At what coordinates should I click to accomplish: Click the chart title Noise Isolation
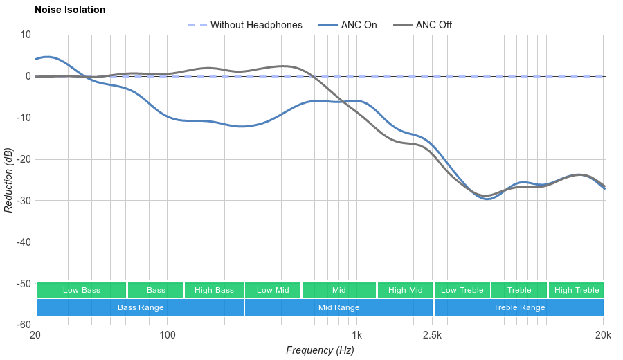[x=70, y=10]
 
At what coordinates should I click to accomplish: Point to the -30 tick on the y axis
[x=23, y=201]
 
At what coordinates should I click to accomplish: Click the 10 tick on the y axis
[x=26, y=35]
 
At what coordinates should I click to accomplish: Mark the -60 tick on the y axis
[x=23, y=325]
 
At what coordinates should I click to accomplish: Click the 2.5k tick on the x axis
[x=432, y=336]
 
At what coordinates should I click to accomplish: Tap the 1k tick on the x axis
[x=357, y=336]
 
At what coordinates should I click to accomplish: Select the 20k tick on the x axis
[x=603, y=336]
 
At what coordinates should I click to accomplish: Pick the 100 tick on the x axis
[x=168, y=336]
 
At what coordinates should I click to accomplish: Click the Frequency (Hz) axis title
[x=320, y=350]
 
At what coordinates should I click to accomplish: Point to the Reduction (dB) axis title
[x=8, y=180]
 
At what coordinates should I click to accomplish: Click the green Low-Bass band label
[x=82, y=290]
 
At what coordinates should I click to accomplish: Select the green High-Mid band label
[x=405, y=290]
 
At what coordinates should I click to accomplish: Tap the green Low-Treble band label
[x=462, y=290]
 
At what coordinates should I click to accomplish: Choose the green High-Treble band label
[x=577, y=290]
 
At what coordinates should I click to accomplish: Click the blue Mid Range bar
[x=338, y=307]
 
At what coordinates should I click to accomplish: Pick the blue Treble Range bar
[x=519, y=307]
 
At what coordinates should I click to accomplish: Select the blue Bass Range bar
[x=141, y=307]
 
